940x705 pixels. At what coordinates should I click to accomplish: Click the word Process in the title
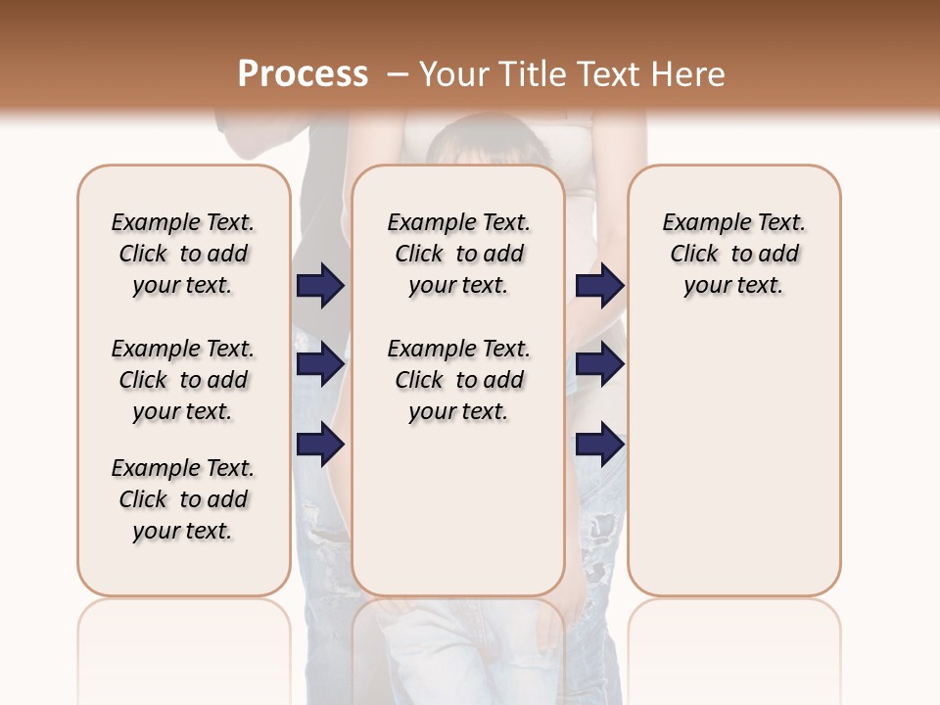click(303, 73)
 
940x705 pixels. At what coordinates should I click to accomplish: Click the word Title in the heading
click(536, 73)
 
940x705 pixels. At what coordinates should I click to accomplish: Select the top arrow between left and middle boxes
click(320, 286)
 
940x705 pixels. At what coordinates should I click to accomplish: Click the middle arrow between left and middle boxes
click(320, 364)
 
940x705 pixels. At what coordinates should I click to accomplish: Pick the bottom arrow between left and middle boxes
click(320, 445)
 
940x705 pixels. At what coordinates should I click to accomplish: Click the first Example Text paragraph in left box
click(183, 254)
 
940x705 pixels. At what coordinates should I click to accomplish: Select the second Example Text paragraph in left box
click(183, 380)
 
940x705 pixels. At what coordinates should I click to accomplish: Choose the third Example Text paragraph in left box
click(183, 499)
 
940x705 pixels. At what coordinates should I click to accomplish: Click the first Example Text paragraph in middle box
click(458, 254)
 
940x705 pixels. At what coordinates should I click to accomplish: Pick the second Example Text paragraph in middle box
click(458, 380)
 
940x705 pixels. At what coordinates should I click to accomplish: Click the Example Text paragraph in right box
click(733, 254)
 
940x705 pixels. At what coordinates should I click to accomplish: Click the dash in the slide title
click(398, 73)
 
